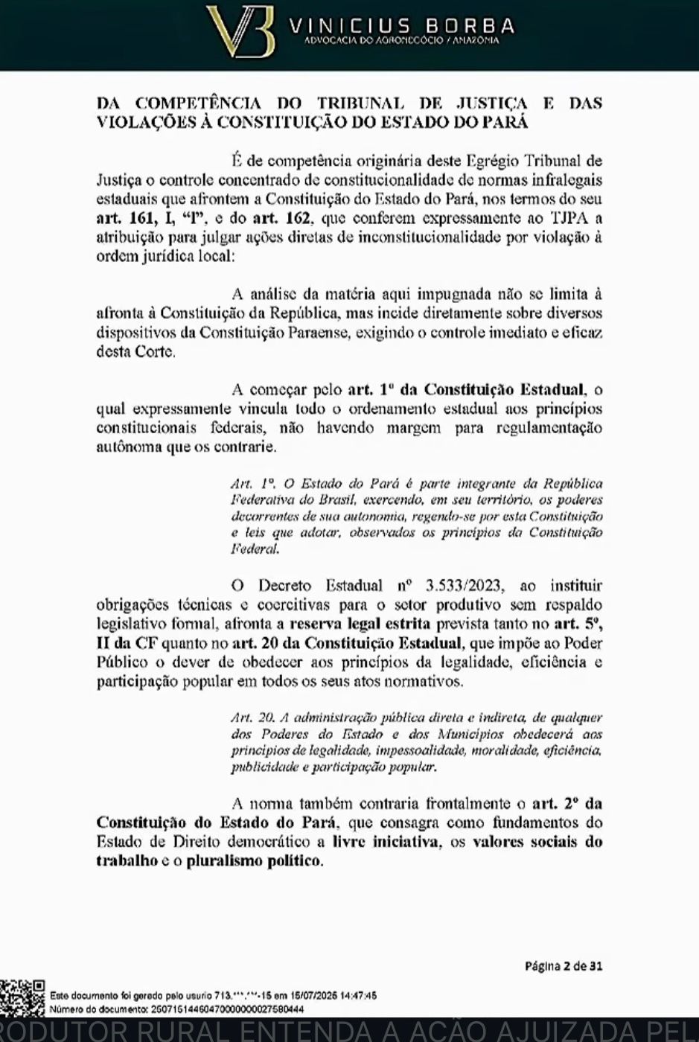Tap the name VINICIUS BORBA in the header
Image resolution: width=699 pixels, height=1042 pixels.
coord(401,26)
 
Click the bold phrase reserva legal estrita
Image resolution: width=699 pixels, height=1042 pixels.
coord(359,624)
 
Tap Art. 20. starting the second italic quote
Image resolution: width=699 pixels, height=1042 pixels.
coord(252,717)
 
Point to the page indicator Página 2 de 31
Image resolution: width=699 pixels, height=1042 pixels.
coord(564,966)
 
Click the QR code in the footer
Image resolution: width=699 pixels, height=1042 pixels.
coord(22,998)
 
